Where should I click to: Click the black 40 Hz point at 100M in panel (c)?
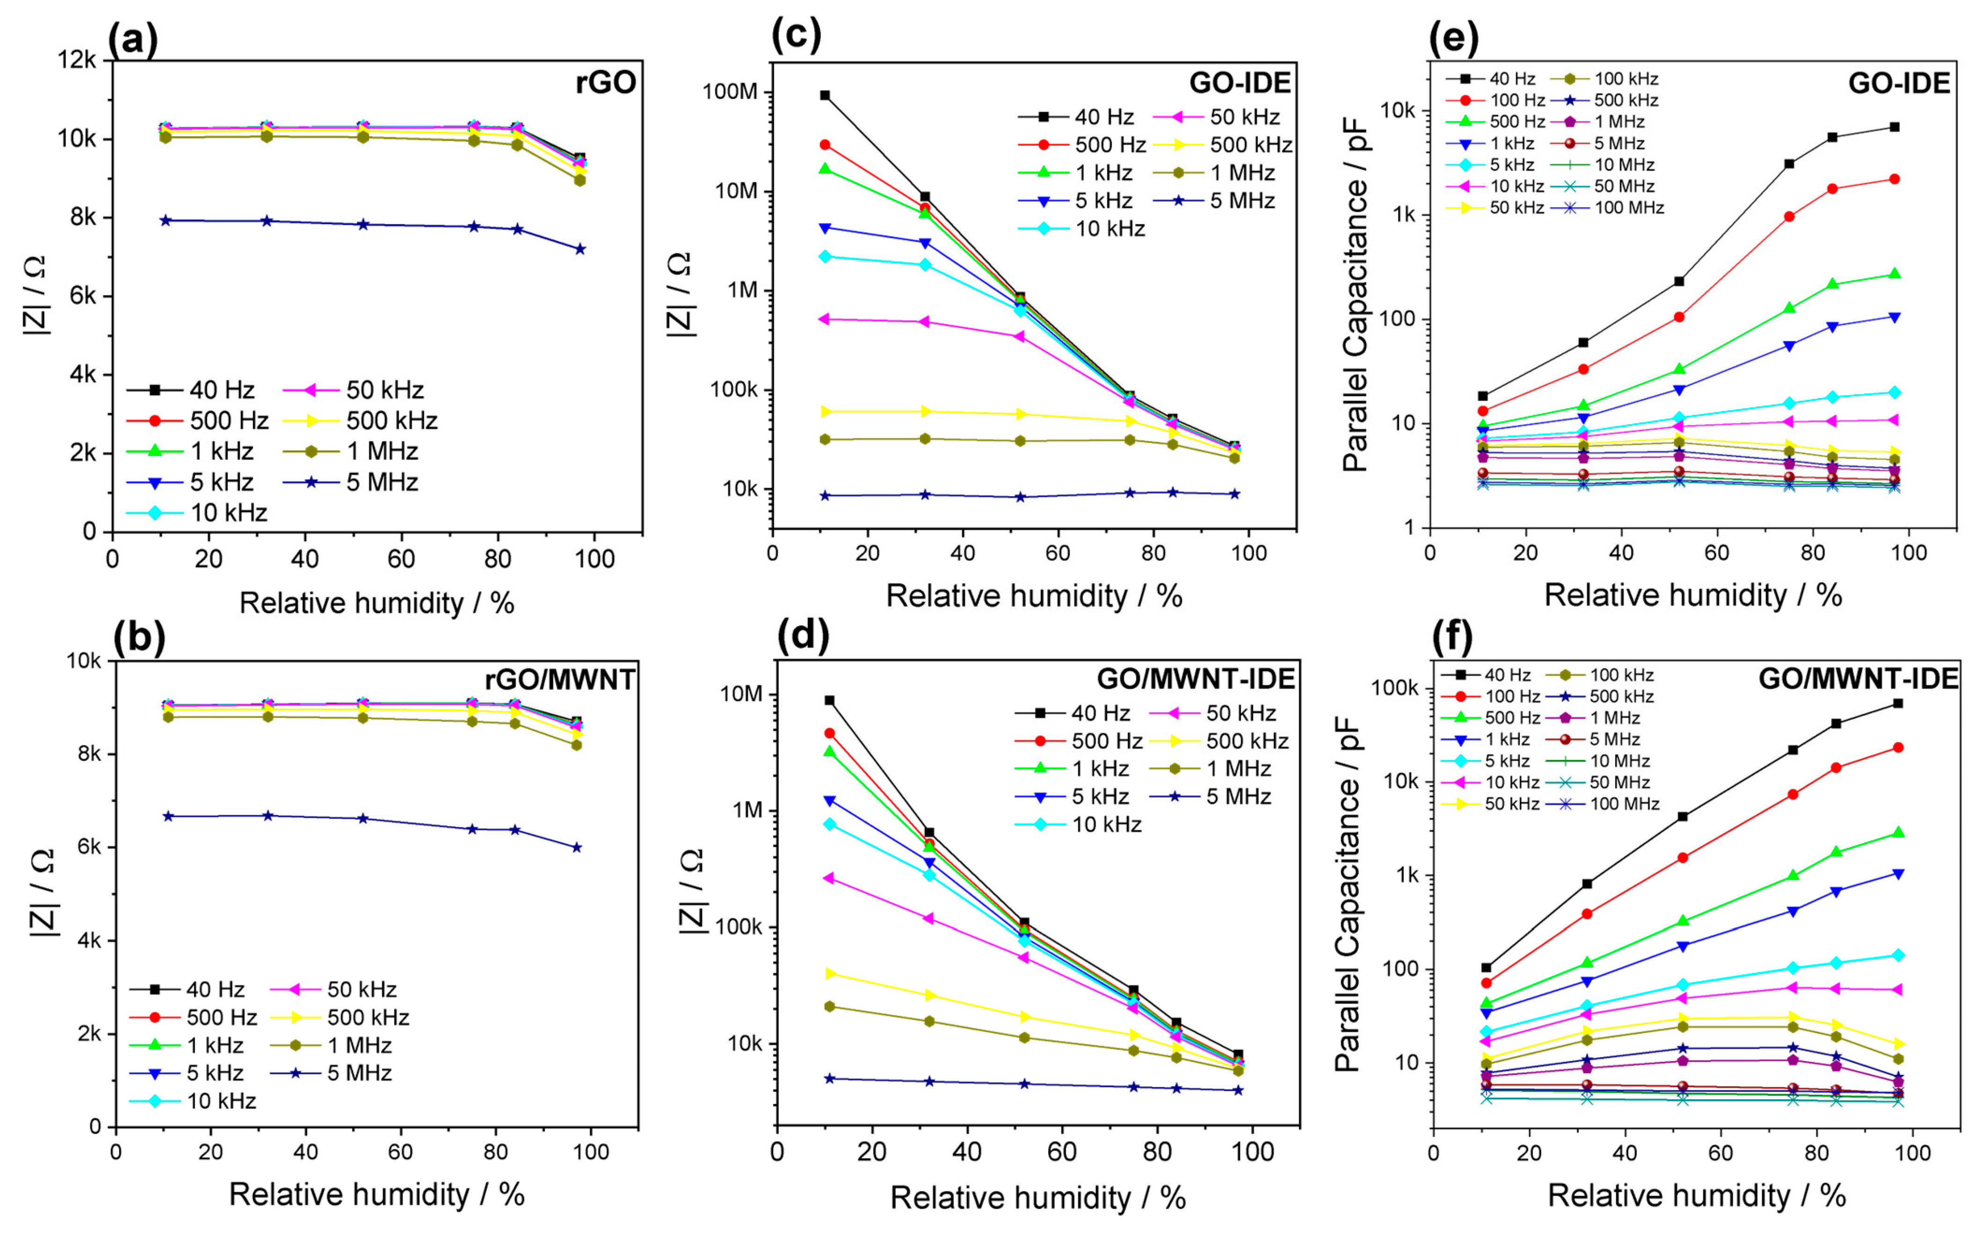[825, 95]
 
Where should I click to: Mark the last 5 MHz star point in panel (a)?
[580, 249]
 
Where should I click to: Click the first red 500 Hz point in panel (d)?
[829, 734]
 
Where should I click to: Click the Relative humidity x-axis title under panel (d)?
[1037, 1198]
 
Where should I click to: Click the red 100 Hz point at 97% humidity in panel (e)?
[1894, 179]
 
